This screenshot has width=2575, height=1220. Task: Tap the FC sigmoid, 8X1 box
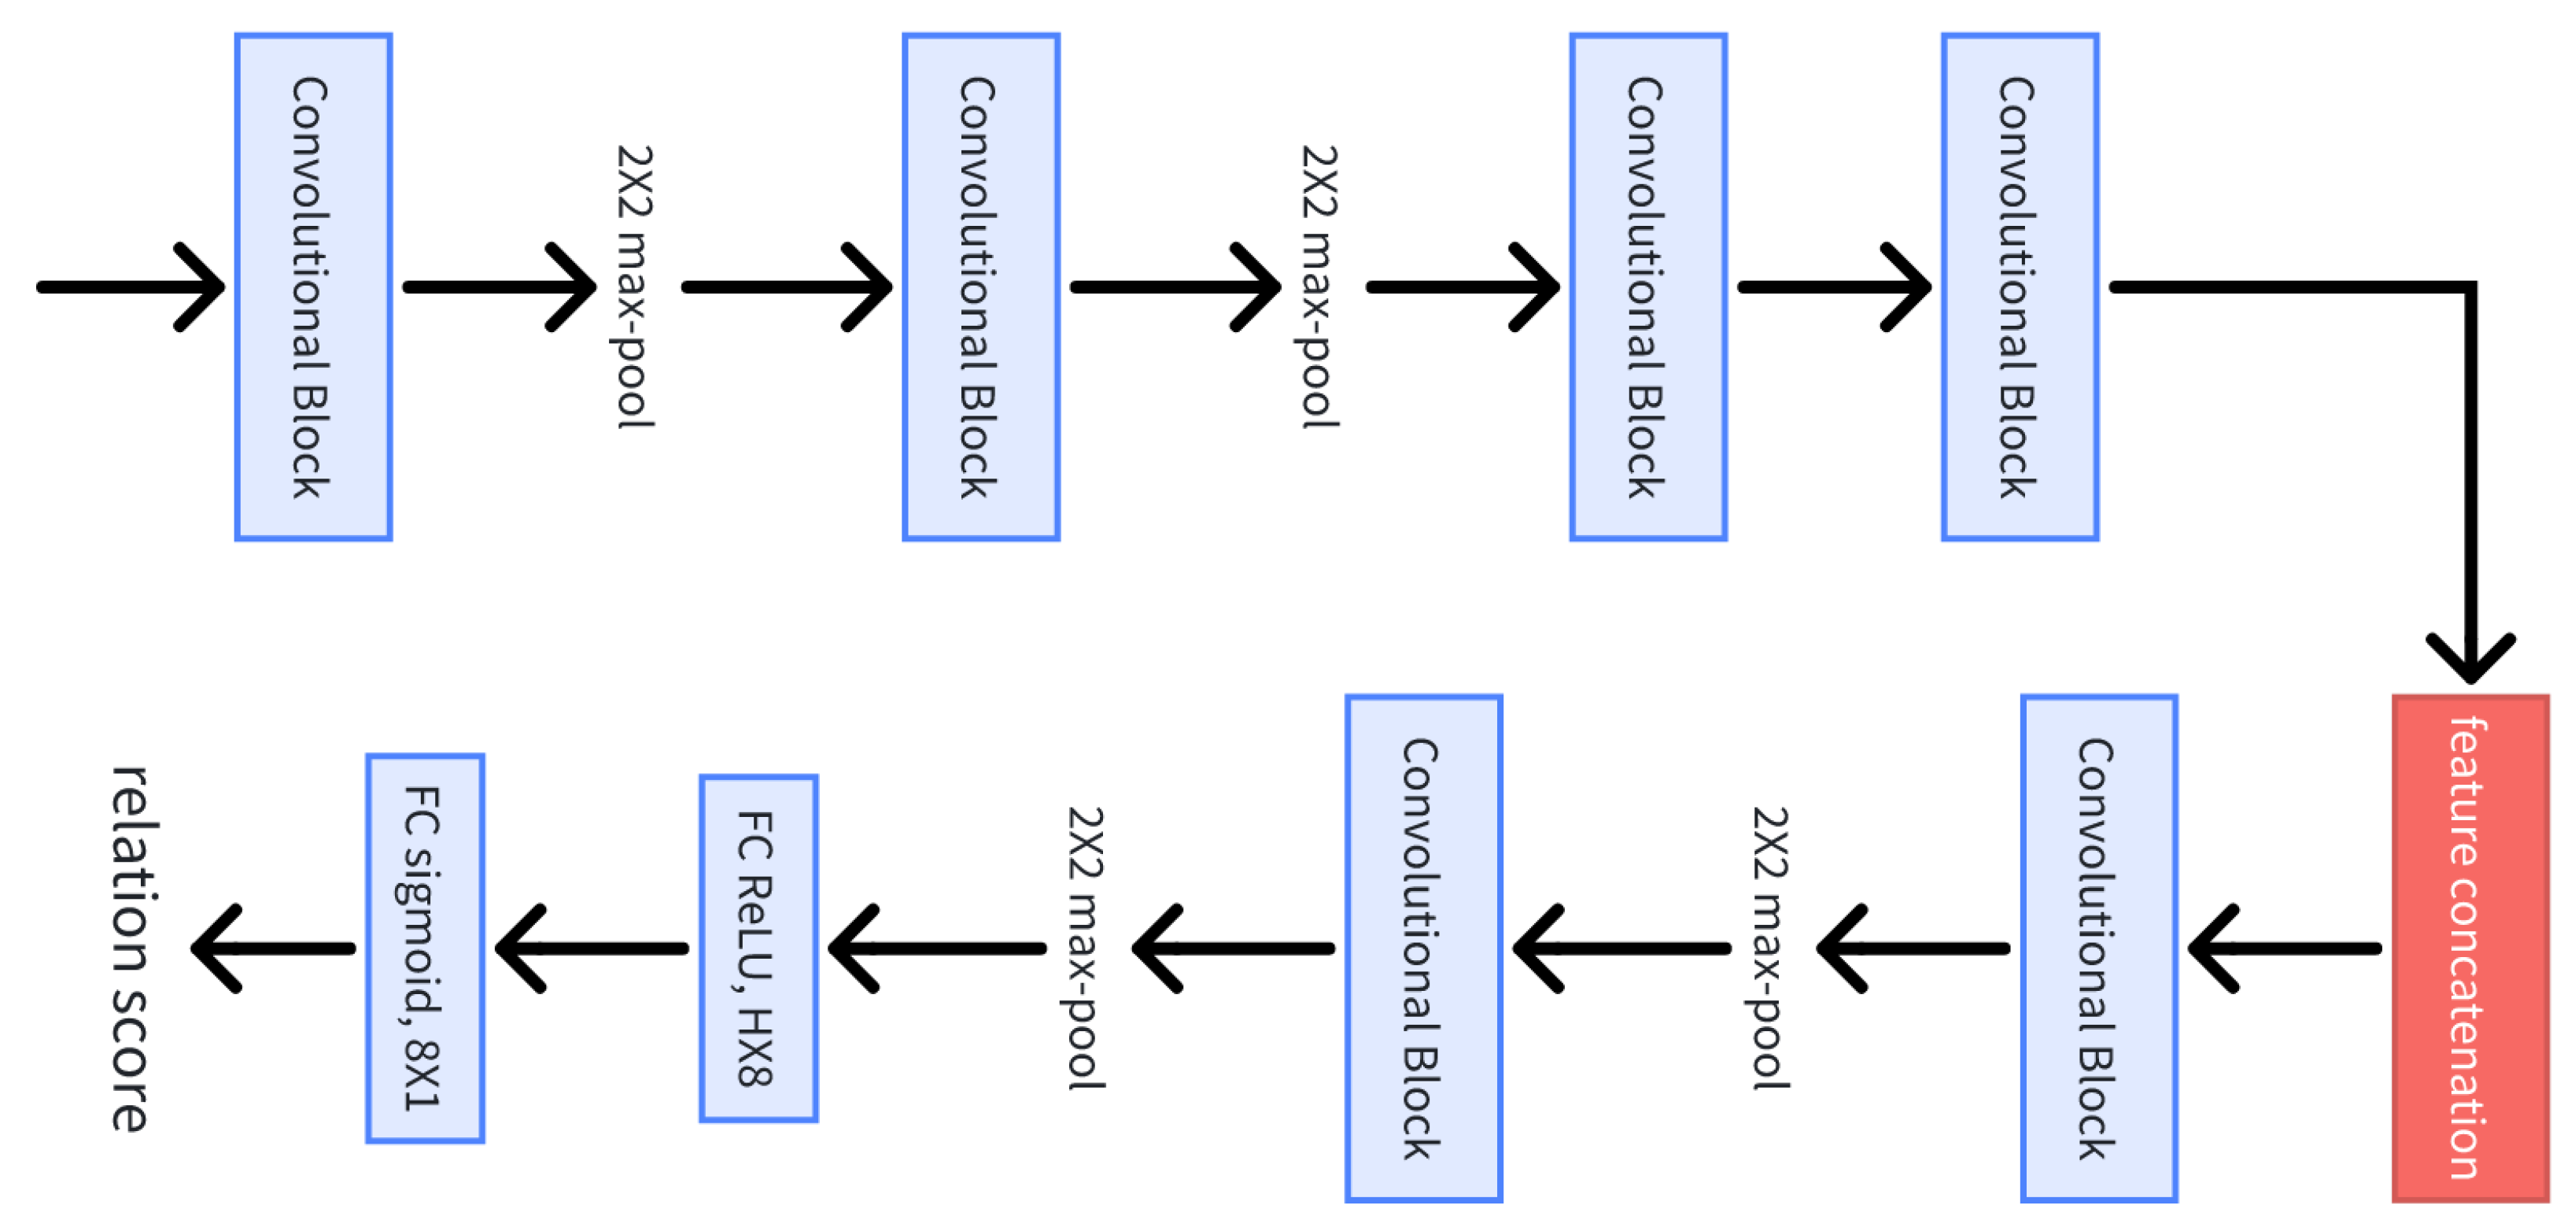point(425,948)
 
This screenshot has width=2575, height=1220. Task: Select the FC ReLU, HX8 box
point(758,948)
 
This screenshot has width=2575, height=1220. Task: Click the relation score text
point(132,948)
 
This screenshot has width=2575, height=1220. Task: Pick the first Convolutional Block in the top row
point(313,287)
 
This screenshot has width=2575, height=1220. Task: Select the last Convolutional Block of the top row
point(2020,287)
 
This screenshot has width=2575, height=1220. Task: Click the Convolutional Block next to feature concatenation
point(2098,948)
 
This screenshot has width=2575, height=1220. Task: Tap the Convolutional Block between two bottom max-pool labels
point(1423,948)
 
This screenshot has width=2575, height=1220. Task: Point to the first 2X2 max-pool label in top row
point(634,287)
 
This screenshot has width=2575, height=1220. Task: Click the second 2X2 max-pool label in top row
point(1319,287)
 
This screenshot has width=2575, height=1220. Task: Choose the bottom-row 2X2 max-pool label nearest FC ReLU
point(1086,948)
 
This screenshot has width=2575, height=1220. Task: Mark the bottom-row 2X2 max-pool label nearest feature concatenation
point(1770,948)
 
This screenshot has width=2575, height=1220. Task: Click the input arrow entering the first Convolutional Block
point(130,287)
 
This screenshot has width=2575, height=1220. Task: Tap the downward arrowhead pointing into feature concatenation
point(2470,660)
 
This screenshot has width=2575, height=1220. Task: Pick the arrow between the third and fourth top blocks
point(1835,287)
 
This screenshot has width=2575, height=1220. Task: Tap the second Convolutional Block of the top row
point(980,287)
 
